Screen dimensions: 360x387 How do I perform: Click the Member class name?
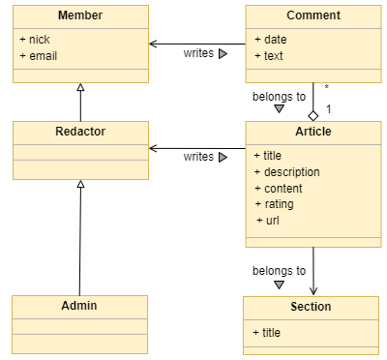tap(80, 16)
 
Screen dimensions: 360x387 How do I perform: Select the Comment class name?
tap(313, 16)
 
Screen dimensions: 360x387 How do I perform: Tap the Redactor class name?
tap(80, 132)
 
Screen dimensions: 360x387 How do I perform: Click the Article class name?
tap(313, 132)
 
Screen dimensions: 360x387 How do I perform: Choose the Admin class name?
tap(80, 306)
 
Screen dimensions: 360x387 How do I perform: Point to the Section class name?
tap(311, 307)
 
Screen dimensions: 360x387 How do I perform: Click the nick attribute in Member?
tap(37, 39)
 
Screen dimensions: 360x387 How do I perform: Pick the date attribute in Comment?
tap(273, 39)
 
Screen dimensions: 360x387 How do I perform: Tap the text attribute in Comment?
tap(272, 55)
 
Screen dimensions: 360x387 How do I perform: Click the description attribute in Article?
tap(287, 172)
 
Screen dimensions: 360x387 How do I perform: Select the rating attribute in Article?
tap(277, 204)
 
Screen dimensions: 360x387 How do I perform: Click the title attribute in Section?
tap(268, 332)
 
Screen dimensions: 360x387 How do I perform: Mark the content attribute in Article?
tap(281, 188)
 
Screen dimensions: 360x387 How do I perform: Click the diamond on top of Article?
tap(313, 114)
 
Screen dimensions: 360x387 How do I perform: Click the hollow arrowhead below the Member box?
tap(80, 88)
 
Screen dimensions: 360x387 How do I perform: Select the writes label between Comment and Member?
tap(198, 53)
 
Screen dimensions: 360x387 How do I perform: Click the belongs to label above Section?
tap(279, 271)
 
